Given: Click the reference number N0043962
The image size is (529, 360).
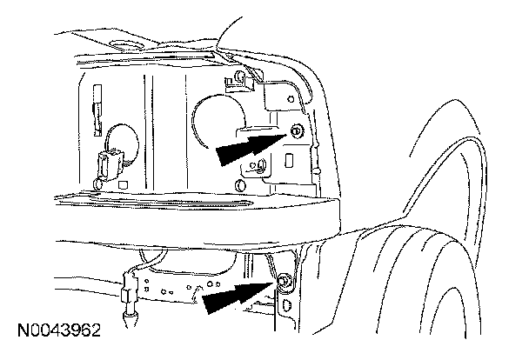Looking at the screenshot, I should [59, 331].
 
